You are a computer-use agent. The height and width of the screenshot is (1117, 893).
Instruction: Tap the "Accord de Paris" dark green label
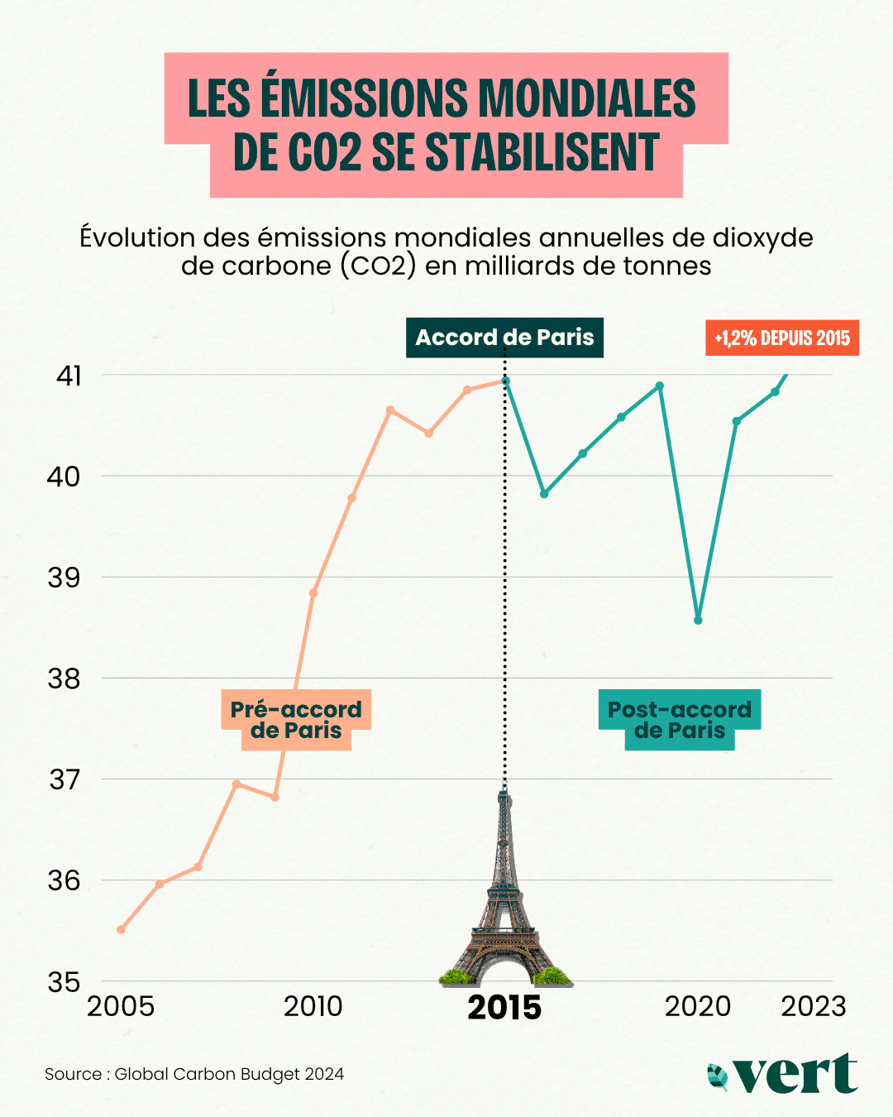click(504, 338)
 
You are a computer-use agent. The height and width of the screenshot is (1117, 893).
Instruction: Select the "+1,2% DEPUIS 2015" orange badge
click(782, 338)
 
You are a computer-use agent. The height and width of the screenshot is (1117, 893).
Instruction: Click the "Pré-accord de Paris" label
click(296, 720)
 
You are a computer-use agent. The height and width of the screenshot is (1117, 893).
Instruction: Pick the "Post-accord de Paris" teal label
click(679, 720)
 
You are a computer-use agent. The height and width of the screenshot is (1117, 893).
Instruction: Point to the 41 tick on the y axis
click(69, 376)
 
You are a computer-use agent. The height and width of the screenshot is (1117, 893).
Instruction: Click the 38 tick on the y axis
click(64, 678)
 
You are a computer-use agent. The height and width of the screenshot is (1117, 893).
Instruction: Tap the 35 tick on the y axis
click(64, 981)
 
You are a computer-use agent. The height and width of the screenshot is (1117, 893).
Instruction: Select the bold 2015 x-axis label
click(504, 1008)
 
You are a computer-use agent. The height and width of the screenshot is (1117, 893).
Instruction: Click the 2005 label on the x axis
click(121, 1006)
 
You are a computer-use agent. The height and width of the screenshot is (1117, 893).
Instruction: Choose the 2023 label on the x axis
click(814, 1006)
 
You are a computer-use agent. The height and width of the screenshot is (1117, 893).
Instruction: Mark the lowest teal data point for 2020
click(698, 620)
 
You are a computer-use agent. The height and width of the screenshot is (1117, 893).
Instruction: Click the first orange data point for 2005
click(121, 929)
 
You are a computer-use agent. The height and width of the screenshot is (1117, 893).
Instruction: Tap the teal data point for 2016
click(544, 494)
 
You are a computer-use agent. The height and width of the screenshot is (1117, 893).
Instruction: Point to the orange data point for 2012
click(390, 410)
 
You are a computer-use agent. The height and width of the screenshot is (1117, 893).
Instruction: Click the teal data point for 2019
click(660, 386)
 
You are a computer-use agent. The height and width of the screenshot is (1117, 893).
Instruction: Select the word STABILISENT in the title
click(542, 153)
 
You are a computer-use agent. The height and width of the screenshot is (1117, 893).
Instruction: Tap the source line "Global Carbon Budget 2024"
click(229, 1074)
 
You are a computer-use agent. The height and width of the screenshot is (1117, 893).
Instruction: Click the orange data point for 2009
click(275, 797)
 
